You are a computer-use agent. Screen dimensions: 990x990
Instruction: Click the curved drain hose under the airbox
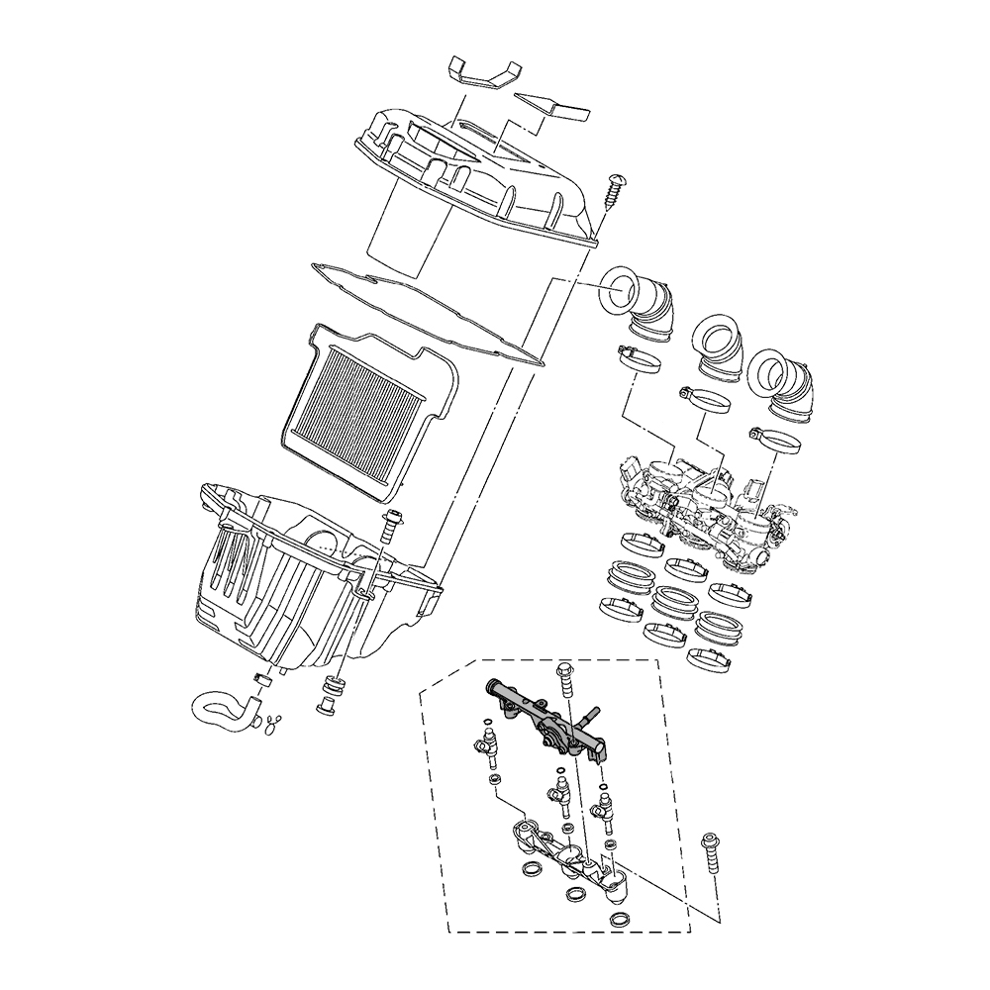click(x=223, y=711)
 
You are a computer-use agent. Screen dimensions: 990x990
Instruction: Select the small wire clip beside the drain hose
click(x=270, y=725)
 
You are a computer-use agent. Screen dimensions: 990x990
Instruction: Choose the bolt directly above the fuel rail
click(x=565, y=678)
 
